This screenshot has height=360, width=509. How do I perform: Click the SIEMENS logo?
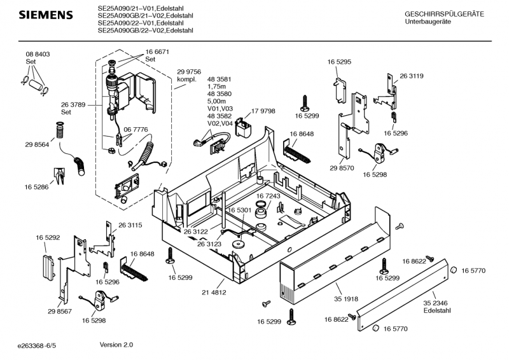[x=40, y=14]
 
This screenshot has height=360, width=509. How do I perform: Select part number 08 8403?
[x=38, y=55]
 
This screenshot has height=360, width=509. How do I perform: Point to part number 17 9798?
[x=263, y=111]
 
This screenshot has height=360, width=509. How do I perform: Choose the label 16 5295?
[x=339, y=62]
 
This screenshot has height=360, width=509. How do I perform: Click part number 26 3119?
[x=412, y=76]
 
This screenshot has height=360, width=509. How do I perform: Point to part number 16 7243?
[x=268, y=196]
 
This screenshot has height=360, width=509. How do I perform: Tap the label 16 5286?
[x=38, y=187]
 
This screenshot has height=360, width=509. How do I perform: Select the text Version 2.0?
[x=116, y=345]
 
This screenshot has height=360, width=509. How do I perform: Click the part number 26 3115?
[x=130, y=225]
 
